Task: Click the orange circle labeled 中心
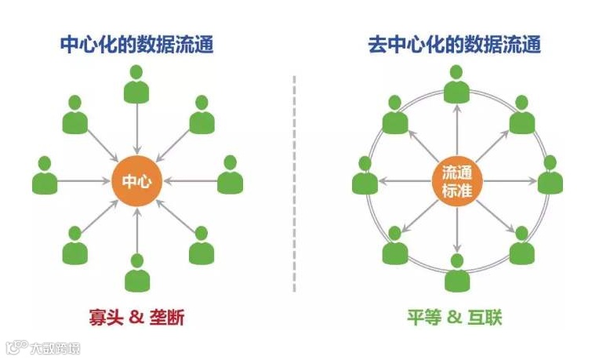[137, 181]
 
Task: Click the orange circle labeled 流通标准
[456, 181]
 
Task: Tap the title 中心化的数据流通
[137, 44]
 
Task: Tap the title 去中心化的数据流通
[455, 44]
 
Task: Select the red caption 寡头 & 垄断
[137, 317]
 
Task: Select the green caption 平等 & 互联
[455, 317]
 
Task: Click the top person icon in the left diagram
[137, 84]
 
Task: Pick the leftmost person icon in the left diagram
[45, 176]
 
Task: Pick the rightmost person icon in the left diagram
[230, 176]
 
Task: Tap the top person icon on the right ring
[456, 84]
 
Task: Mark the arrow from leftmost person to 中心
[86, 181]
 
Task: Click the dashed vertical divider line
[295, 180]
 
